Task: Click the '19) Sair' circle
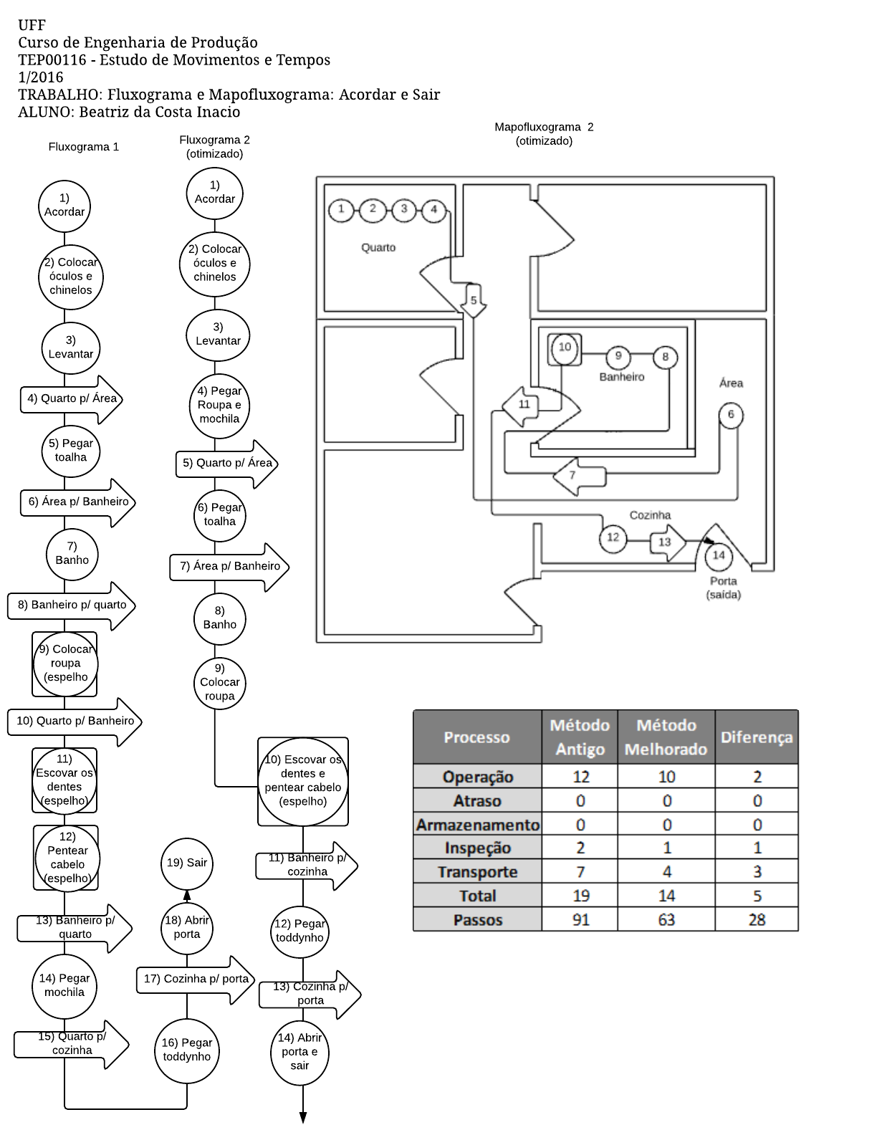tap(187, 862)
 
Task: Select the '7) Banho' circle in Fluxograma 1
tap(72, 554)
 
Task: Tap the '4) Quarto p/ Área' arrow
tap(72, 399)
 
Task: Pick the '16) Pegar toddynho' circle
tap(187, 1050)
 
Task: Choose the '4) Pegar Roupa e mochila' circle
tap(219, 406)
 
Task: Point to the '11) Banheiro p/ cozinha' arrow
tap(307, 866)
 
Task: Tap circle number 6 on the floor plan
tap(731, 416)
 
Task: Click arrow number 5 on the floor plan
tap(473, 301)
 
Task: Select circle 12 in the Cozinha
tap(613, 538)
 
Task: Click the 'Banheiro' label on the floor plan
tap(622, 377)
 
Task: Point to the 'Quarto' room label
tap(378, 248)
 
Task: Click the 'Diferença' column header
tap(757, 737)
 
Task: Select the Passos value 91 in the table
tap(580, 919)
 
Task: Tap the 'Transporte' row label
tap(477, 872)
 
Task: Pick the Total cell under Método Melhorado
tap(666, 896)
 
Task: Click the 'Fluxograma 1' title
tap(84, 147)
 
